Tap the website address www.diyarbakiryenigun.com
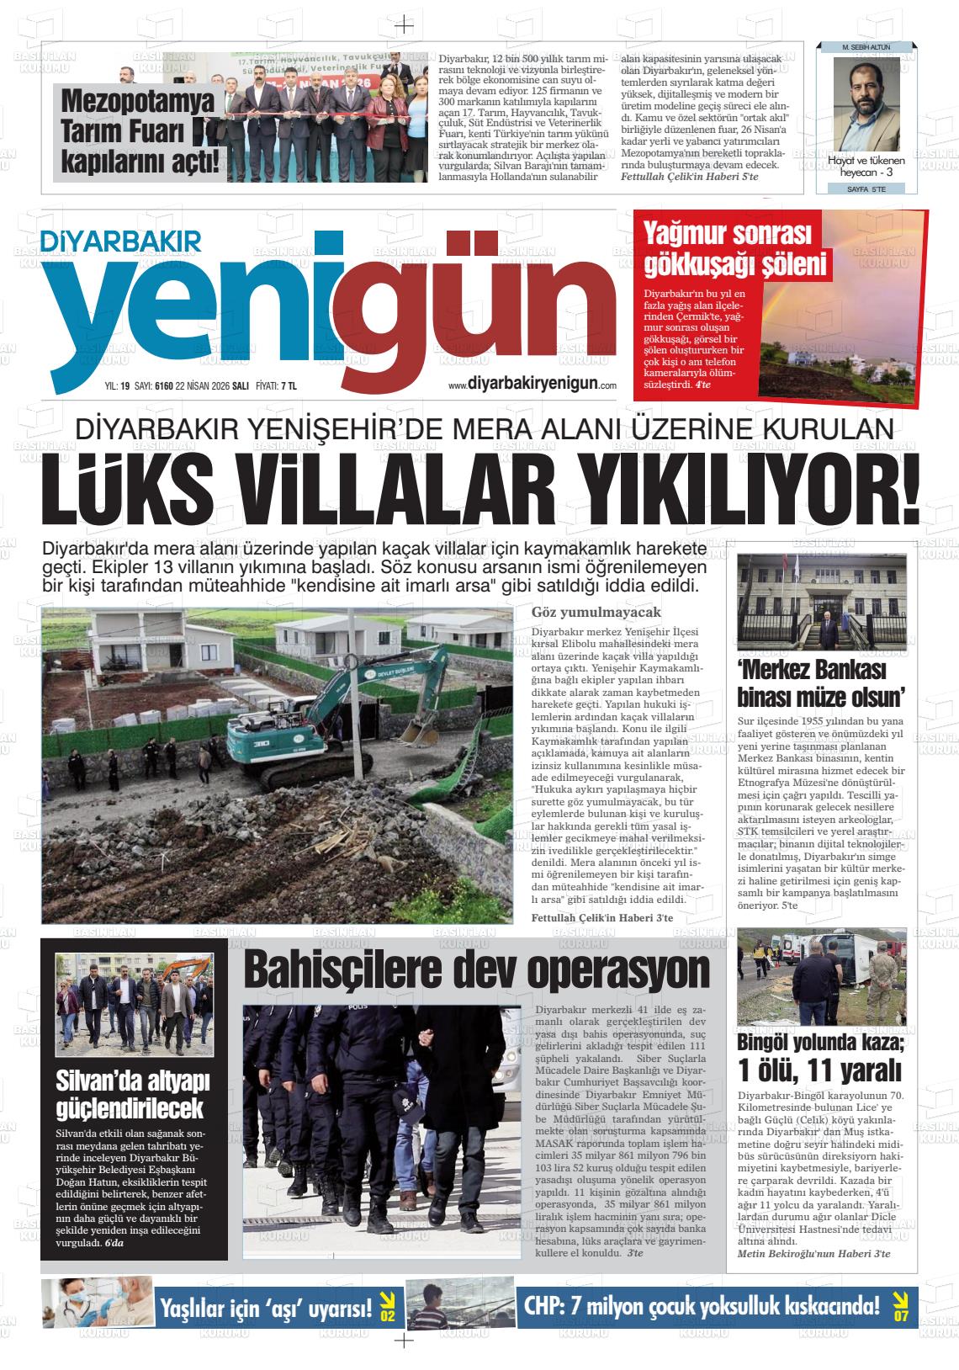(532, 384)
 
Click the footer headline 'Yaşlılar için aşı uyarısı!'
(266, 1309)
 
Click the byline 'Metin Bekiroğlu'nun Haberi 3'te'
(813, 1254)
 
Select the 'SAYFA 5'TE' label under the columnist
(865, 189)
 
